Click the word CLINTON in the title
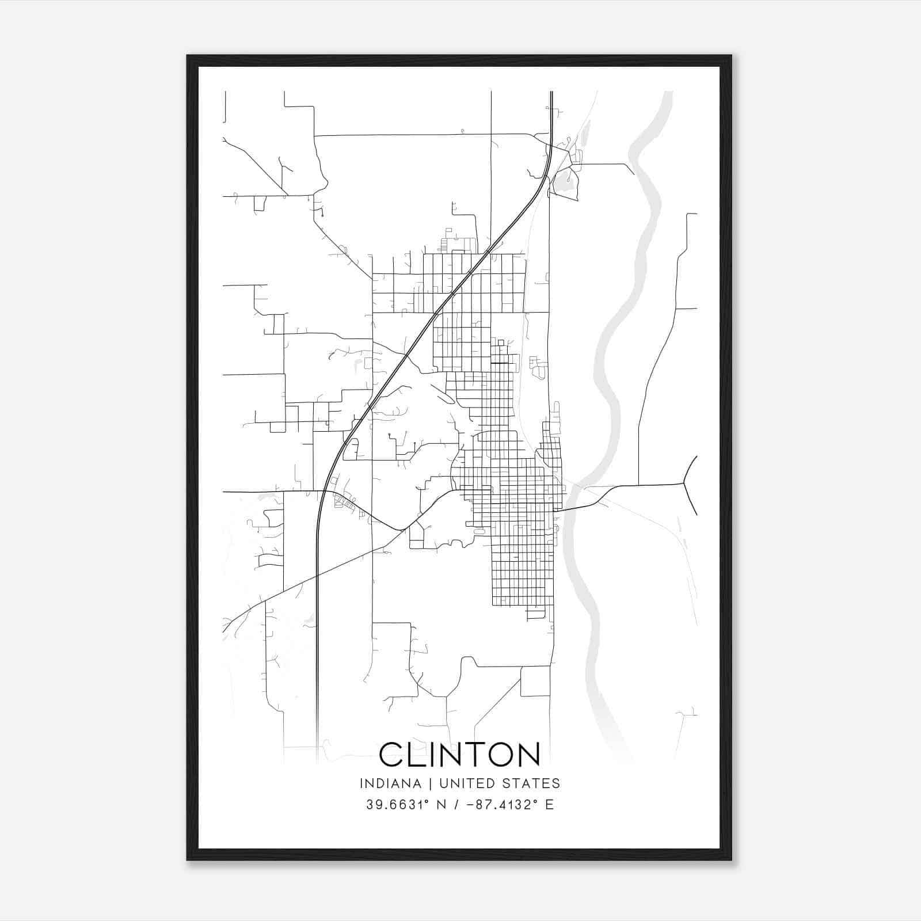[x=459, y=754]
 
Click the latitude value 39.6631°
[x=398, y=804]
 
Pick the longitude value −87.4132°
[x=498, y=804]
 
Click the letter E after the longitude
[x=549, y=804]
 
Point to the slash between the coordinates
[x=456, y=804]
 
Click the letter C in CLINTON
[x=391, y=754]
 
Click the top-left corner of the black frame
[x=188, y=56]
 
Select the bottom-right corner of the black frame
[x=731, y=859]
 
